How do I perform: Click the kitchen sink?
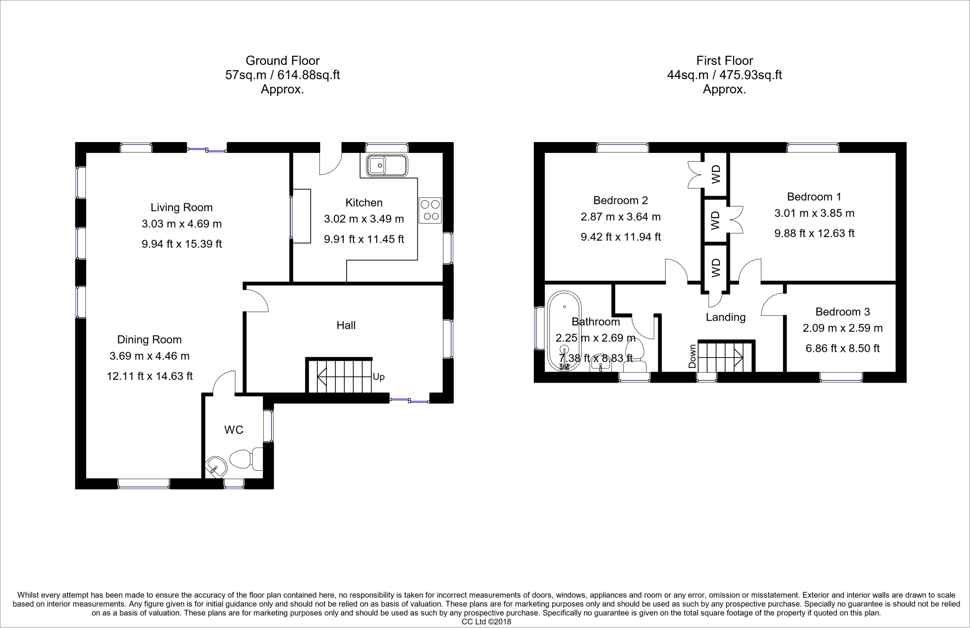tap(386, 165)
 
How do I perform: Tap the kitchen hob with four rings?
tap(430, 210)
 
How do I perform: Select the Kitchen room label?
tap(364, 203)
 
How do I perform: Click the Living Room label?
tap(181, 207)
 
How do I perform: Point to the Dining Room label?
tap(149, 340)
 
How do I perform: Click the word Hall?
tap(346, 325)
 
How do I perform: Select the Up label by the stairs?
tap(378, 377)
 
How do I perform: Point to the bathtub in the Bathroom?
tap(564, 332)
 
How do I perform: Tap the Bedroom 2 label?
tap(620, 200)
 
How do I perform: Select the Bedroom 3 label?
tap(843, 312)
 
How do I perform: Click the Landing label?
tap(726, 317)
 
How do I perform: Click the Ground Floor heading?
tap(282, 61)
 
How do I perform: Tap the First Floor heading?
tap(725, 61)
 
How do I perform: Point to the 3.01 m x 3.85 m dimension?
tap(814, 213)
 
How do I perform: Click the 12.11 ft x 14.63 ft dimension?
tap(150, 376)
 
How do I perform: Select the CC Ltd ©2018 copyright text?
tap(486, 622)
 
